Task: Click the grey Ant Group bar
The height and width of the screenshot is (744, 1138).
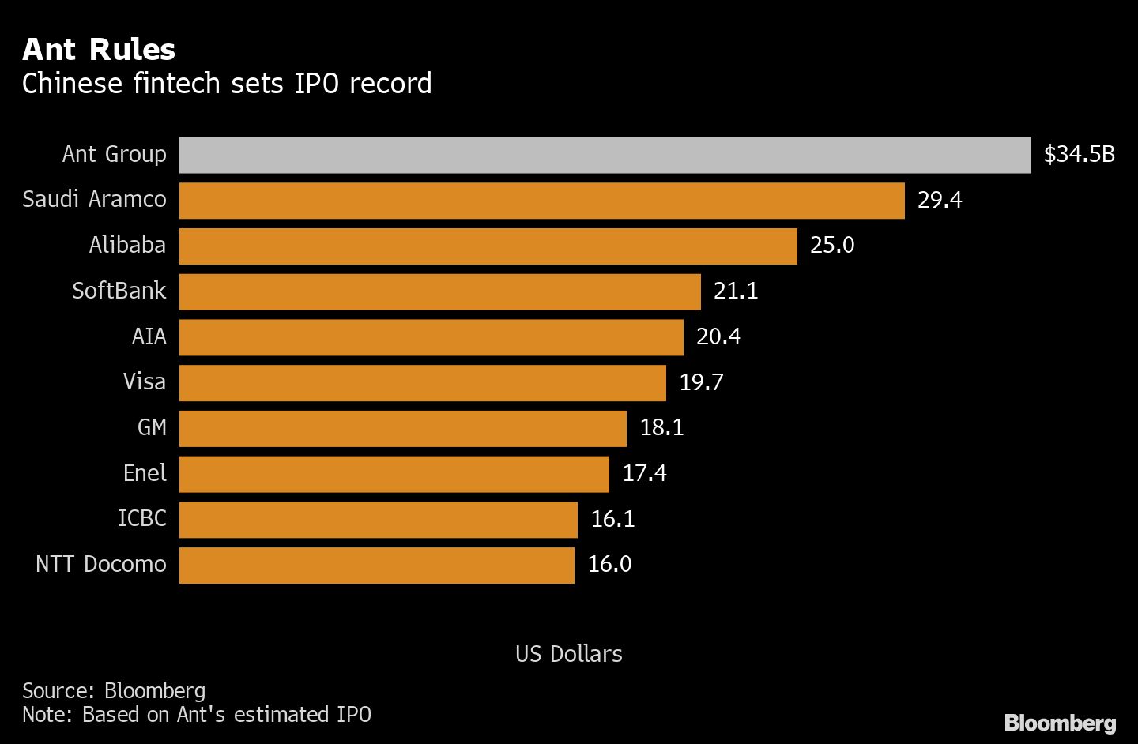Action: pyautogui.click(x=605, y=155)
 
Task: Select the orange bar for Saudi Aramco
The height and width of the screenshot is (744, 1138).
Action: pyautogui.click(x=541, y=201)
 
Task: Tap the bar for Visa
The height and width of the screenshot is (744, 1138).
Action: pyautogui.click(x=422, y=383)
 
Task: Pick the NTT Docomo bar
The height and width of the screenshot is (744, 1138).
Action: pyautogui.click(x=376, y=566)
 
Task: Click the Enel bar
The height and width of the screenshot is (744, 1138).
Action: pyautogui.click(x=394, y=474)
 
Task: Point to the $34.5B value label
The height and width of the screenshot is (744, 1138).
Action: pyautogui.click(x=1079, y=154)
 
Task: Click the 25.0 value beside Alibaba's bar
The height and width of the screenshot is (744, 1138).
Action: pyautogui.click(x=832, y=245)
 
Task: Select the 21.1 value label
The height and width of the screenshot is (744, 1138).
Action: pyautogui.click(x=736, y=291)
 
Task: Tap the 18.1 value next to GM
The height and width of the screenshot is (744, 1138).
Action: pyautogui.click(x=661, y=427)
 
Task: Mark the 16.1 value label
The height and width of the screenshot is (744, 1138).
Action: pyautogui.click(x=612, y=519)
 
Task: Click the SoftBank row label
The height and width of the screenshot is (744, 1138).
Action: pyautogui.click(x=119, y=291)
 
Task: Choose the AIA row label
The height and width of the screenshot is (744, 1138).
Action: pyautogui.click(x=149, y=336)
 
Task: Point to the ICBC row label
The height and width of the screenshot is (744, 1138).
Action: pyautogui.click(x=142, y=518)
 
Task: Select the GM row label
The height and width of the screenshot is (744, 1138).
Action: pyautogui.click(x=152, y=427)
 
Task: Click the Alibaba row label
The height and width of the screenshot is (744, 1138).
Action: pyautogui.click(x=127, y=245)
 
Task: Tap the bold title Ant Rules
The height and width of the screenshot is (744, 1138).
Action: pyautogui.click(x=99, y=50)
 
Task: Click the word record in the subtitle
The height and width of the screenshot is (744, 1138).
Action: pyautogui.click(x=390, y=84)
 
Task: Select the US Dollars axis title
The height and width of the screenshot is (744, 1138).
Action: pyautogui.click(x=568, y=654)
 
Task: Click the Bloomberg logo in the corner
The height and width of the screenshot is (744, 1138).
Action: pyautogui.click(x=1060, y=723)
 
